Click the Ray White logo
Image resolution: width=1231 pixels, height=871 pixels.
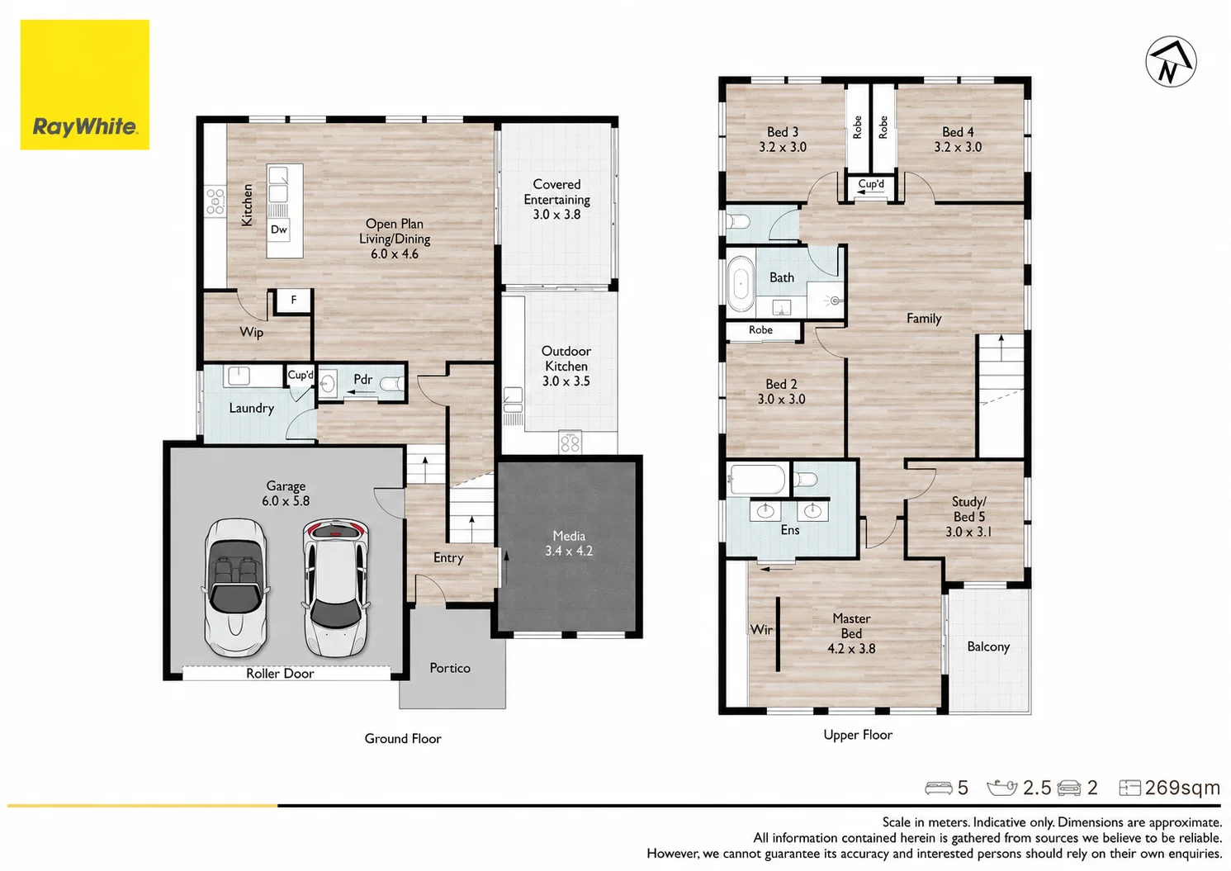(x=85, y=85)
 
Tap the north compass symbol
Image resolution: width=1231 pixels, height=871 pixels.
(x=1171, y=62)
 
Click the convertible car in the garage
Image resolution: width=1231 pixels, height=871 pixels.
(x=235, y=587)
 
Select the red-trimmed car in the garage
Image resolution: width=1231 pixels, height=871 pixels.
(x=335, y=587)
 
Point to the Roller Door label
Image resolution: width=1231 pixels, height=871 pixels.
(x=280, y=673)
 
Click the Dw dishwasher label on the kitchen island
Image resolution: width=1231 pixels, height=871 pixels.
(x=278, y=230)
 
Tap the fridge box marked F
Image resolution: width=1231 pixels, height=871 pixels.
(x=293, y=300)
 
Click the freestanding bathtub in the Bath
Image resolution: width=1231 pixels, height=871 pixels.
(x=741, y=283)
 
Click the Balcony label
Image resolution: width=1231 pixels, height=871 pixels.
(x=988, y=646)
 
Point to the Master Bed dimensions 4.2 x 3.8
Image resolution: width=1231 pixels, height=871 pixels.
(x=851, y=648)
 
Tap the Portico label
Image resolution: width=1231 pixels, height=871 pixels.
(x=450, y=668)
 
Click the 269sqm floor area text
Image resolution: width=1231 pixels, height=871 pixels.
(x=1182, y=788)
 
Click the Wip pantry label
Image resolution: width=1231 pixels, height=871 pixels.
(x=251, y=333)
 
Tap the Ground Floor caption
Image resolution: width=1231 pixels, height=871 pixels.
(x=403, y=739)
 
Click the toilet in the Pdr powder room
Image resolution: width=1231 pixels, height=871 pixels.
(x=391, y=384)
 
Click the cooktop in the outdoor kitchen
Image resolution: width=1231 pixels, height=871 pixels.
(x=571, y=443)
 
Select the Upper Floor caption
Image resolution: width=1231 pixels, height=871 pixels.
(x=858, y=735)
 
